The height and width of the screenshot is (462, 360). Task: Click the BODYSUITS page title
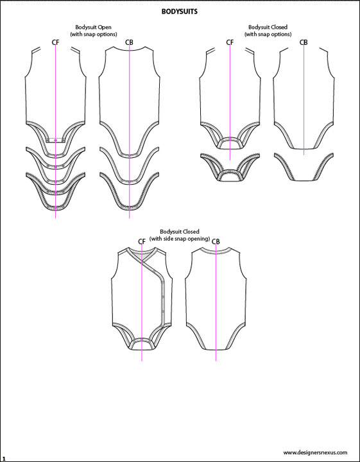[180, 12]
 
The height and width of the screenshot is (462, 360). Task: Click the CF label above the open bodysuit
[56, 43]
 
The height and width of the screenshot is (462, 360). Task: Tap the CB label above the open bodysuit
[130, 43]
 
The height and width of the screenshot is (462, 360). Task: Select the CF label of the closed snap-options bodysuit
[230, 43]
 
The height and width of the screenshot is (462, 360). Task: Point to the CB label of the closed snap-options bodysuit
[304, 43]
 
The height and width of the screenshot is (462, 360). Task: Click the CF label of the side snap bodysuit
[142, 241]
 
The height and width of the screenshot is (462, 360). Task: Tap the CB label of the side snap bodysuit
[216, 241]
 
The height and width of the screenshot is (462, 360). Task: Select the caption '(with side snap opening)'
[180, 239]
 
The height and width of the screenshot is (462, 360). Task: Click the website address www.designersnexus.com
[318, 452]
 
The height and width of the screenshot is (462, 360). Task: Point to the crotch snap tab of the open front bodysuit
[56, 139]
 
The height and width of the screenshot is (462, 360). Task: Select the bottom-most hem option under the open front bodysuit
[56, 207]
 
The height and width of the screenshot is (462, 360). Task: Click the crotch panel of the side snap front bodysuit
[142, 345]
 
